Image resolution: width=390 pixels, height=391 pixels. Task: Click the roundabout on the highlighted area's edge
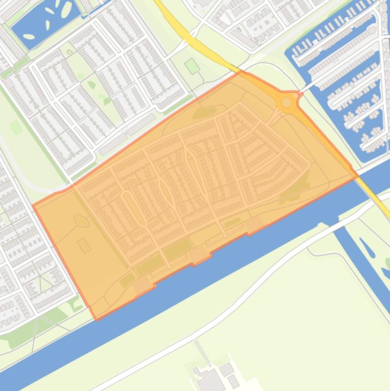287,103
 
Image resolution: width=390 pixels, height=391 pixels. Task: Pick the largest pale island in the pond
67,9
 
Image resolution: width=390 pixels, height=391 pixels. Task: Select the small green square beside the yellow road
191,66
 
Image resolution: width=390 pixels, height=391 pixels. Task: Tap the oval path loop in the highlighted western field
81,220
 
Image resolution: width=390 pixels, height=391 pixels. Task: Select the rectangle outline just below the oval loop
84,246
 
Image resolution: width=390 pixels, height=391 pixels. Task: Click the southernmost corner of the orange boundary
97,319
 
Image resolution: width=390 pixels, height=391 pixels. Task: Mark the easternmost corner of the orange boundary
358,176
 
